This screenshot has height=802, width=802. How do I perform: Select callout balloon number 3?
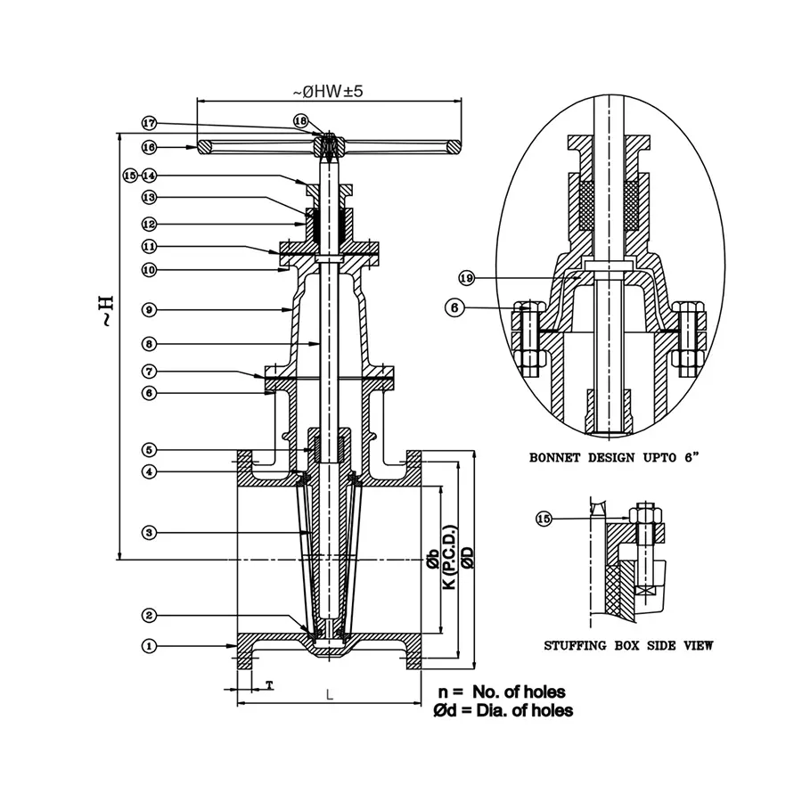(150, 533)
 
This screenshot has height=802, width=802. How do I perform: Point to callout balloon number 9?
(150, 309)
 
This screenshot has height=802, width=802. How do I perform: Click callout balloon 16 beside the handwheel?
(150, 146)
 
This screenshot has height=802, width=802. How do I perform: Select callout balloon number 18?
(300, 120)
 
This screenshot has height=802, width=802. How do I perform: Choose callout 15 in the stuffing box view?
(544, 518)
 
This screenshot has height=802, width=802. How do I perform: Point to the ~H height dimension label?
(105, 307)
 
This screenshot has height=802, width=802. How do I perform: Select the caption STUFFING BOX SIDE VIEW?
(628, 645)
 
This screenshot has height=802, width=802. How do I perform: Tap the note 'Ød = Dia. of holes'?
(503, 710)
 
